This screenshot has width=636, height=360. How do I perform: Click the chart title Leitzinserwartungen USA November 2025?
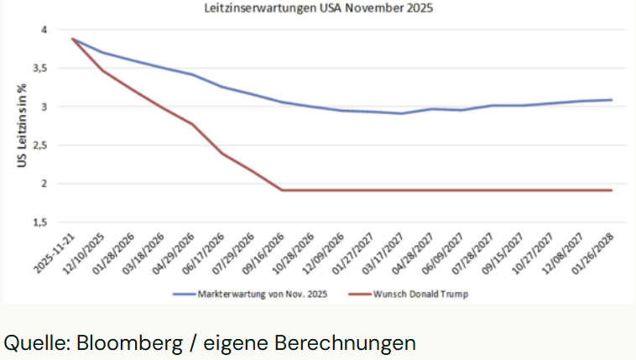[319, 9]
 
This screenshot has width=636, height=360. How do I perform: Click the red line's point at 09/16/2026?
[282, 190]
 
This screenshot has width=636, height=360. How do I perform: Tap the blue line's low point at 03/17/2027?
[402, 113]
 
